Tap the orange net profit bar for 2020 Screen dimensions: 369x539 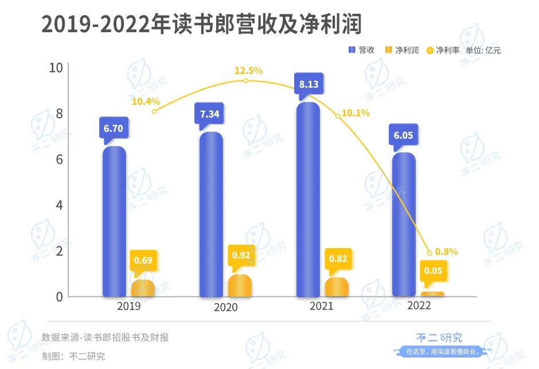tap(240, 286)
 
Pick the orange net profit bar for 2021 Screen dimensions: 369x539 tap(337, 287)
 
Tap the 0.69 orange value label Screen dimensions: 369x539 tap(143, 261)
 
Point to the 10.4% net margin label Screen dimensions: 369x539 tap(146, 102)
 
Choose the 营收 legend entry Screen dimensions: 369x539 tap(362, 50)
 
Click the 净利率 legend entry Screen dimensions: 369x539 tap(443, 50)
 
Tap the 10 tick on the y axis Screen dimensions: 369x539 tap(55, 68)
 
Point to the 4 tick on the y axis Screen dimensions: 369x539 tap(58, 205)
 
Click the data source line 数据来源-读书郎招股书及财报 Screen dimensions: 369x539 tap(106, 337)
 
